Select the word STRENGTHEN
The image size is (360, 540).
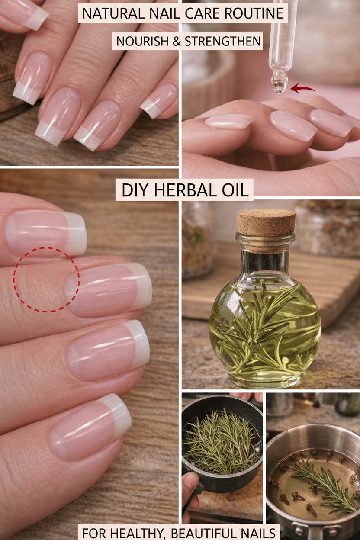pyautogui.click(x=222, y=41)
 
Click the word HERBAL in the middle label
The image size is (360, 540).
pyautogui.click(x=186, y=190)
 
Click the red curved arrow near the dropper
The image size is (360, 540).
pyautogui.click(x=302, y=89)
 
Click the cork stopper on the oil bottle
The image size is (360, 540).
pyautogui.click(x=266, y=223)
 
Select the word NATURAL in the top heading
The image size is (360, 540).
pyautogui.click(x=113, y=13)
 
